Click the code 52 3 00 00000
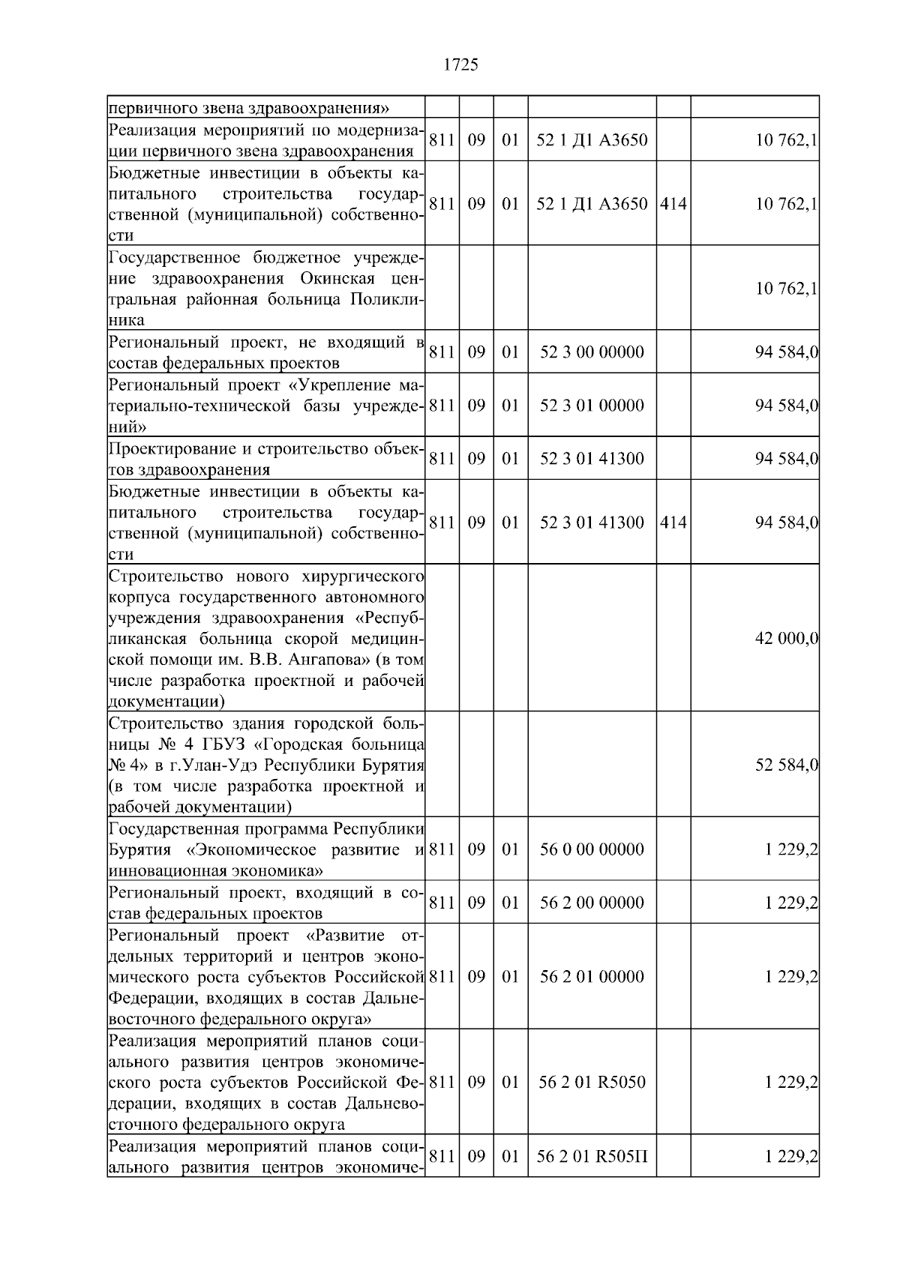pyautogui.click(x=592, y=352)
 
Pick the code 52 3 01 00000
pyautogui.click(x=592, y=406)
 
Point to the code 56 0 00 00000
pyautogui.click(x=592, y=849)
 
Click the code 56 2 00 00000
pyautogui.click(x=592, y=903)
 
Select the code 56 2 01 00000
pyautogui.click(x=592, y=977)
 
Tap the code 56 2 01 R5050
pyautogui.click(x=592, y=1083)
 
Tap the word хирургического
pyautogui.click(x=363, y=577)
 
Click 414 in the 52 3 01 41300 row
pyautogui.click(x=673, y=523)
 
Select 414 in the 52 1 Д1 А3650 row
pyautogui.click(x=673, y=204)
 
